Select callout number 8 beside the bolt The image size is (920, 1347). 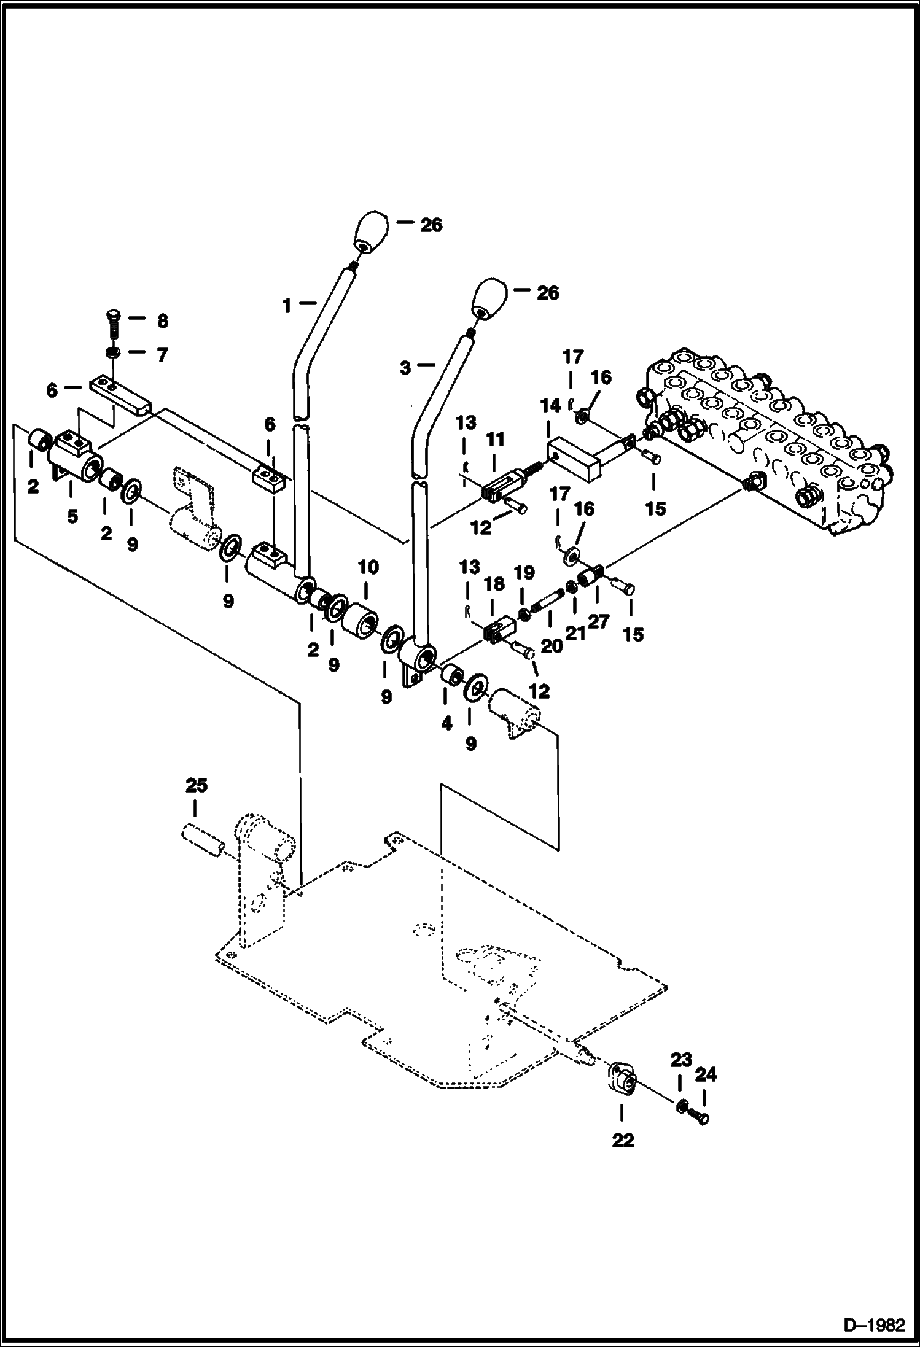(162, 321)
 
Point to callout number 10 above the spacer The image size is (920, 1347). (368, 567)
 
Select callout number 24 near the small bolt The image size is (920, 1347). (706, 1074)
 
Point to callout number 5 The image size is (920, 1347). (72, 517)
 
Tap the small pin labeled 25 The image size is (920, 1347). (203, 840)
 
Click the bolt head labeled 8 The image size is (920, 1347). (114, 316)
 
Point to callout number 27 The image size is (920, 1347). (598, 621)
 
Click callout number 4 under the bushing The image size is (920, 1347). (446, 724)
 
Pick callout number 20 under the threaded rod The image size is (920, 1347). (552, 645)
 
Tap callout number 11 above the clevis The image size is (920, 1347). (495, 440)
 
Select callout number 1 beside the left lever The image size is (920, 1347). (287, 305)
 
